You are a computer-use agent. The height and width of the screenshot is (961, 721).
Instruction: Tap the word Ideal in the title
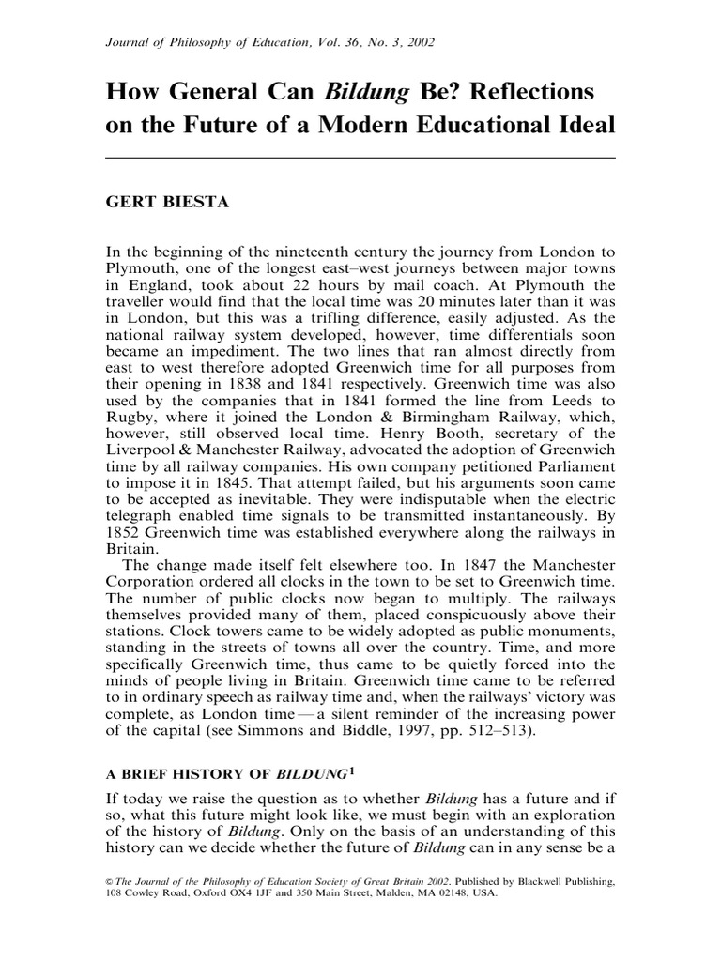580,127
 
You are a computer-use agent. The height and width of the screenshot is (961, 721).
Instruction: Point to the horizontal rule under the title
360,158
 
